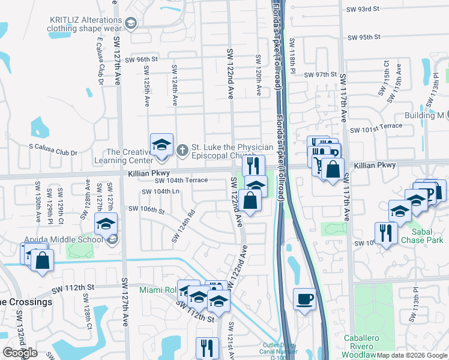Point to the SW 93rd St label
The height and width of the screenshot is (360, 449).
click(x=364, y=9)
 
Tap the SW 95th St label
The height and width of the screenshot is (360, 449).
click(x=364, y=37)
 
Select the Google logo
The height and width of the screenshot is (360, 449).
click(x=20, y=353)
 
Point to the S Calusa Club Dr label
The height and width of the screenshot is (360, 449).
click(x=53, y=153)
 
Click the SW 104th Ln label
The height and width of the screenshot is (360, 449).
click(x=161, y=191)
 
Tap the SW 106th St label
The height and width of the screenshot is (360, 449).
click(x=146, y=209)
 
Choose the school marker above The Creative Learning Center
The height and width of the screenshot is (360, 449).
click(x=161, y=145)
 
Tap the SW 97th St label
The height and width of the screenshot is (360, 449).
click(x=321, y=74)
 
